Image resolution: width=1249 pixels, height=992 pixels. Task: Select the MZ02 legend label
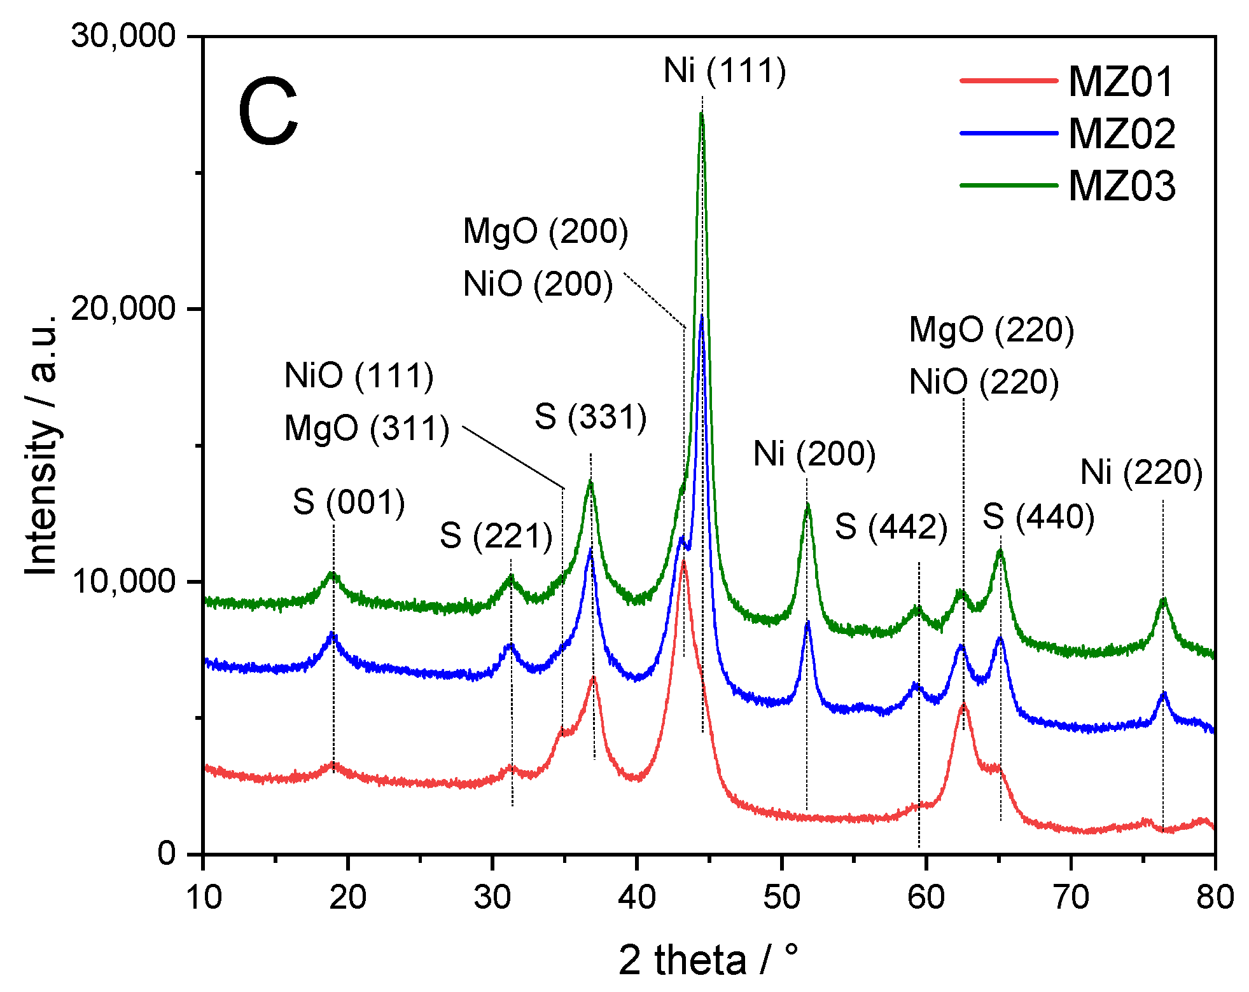coord(1122,134)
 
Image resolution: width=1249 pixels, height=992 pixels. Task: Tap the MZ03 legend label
coord(1122,186)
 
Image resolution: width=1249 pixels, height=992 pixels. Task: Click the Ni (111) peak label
coord(725,70)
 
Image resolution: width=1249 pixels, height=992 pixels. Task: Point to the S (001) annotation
coord(349,502)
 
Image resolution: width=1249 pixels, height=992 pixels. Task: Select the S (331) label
coord(590,417)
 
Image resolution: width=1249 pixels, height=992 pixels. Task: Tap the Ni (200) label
coord(814,454)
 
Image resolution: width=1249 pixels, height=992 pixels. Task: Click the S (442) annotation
coord(891,527)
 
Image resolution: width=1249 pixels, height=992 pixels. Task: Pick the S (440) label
coord(1038,516)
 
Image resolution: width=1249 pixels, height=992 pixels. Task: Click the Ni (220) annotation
coord(1141,472)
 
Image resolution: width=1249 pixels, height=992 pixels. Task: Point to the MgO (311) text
coord(366,428)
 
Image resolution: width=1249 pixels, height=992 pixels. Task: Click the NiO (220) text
coord(984,382)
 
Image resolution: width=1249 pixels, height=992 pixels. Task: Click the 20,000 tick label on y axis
coord(123,308)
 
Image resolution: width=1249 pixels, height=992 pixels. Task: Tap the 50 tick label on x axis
coord(781,897)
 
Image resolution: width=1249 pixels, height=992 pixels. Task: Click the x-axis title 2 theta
coord(708,960)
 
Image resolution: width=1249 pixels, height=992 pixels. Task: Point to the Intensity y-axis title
coord(42,445)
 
